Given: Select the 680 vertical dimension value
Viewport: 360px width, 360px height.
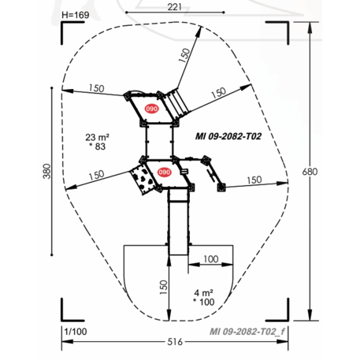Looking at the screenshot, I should coord(315,171).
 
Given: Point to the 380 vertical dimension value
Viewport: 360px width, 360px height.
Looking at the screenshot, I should coord(46,172).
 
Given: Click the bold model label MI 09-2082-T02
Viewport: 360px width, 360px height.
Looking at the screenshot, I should coord(228,135).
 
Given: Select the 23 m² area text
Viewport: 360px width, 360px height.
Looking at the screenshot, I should coord(96,137).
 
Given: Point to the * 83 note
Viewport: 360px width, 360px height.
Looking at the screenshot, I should coord(97,147).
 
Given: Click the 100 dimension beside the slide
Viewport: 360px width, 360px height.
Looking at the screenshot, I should coord(210,259).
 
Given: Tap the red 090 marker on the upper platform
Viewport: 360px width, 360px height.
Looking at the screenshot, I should coord(151,109).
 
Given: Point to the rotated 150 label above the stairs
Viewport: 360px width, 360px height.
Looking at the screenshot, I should coord(186,54).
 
